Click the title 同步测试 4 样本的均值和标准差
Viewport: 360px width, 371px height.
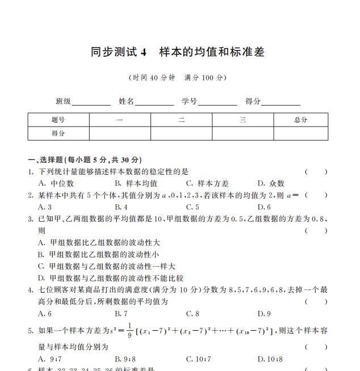click(178, 52)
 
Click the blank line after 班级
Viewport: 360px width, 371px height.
click(91, 102)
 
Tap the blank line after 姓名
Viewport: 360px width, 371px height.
click(154, 102)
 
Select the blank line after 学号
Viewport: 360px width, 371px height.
click(217, 102)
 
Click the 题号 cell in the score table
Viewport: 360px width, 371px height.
click(58, 120)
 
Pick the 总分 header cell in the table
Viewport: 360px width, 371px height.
click(300, 120)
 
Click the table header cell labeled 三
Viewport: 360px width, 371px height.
click(242, 120)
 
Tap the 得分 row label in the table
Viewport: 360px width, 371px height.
click(58, 133)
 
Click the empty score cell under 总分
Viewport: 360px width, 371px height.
click(300, 133)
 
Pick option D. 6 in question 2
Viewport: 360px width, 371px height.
click(264, 207)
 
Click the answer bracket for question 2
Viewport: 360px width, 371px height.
click(316, 195)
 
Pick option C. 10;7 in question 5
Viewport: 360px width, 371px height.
click(198, 359)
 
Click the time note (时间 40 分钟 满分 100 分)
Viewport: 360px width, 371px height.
click(178, 78)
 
